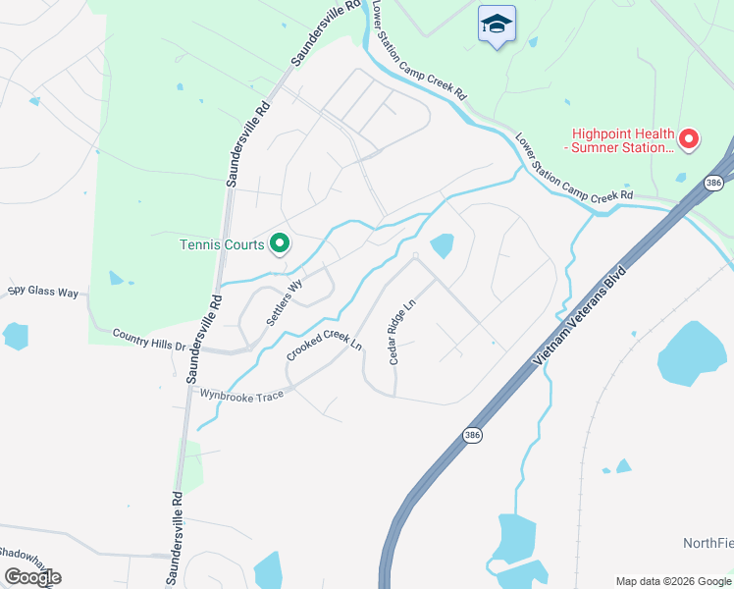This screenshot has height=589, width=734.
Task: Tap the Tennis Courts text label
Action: coord(221,245)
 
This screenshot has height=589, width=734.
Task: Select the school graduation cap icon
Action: coord(497,24)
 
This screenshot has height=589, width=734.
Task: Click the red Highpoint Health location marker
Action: coord(688,140)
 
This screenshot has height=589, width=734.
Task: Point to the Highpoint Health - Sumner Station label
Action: coord(625,140)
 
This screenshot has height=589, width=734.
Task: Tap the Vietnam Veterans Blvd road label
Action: coord(580,320)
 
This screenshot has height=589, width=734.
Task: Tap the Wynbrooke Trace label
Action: coord(241,394)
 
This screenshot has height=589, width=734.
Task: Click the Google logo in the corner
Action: coord(31,576)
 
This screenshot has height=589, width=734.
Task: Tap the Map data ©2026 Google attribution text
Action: coord(672,581)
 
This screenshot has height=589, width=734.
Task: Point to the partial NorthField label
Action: coord(708,543)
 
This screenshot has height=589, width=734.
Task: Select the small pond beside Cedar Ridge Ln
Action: coord(443,244)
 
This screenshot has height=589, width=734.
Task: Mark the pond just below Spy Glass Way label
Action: coord(16,336)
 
